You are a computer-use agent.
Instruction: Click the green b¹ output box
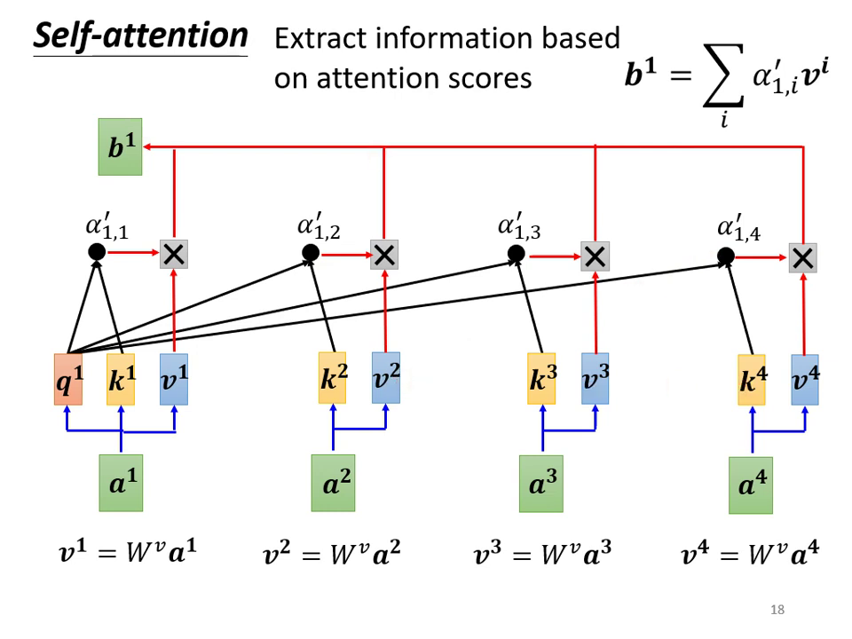pos(120,148)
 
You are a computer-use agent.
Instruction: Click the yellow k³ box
pos(541,378)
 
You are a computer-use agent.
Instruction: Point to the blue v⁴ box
pos(805,380)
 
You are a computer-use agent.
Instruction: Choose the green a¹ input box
pos(121,485)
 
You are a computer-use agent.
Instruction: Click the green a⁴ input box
pos(751,486)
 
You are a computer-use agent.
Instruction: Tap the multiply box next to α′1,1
pos(174,255)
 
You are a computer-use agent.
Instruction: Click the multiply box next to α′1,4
pos(802,258)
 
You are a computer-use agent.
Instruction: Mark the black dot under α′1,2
pos(310,254)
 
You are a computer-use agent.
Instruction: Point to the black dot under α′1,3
pos(516,255)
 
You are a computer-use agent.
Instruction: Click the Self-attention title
pos(140,36)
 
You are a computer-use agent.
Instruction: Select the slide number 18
pos(777,610)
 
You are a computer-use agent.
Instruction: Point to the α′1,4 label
pos(739,228)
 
